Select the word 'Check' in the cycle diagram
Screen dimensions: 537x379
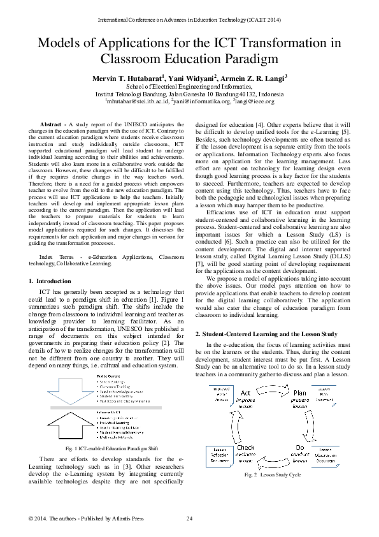point(246,448)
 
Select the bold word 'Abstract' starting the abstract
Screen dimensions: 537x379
point(51,124)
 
